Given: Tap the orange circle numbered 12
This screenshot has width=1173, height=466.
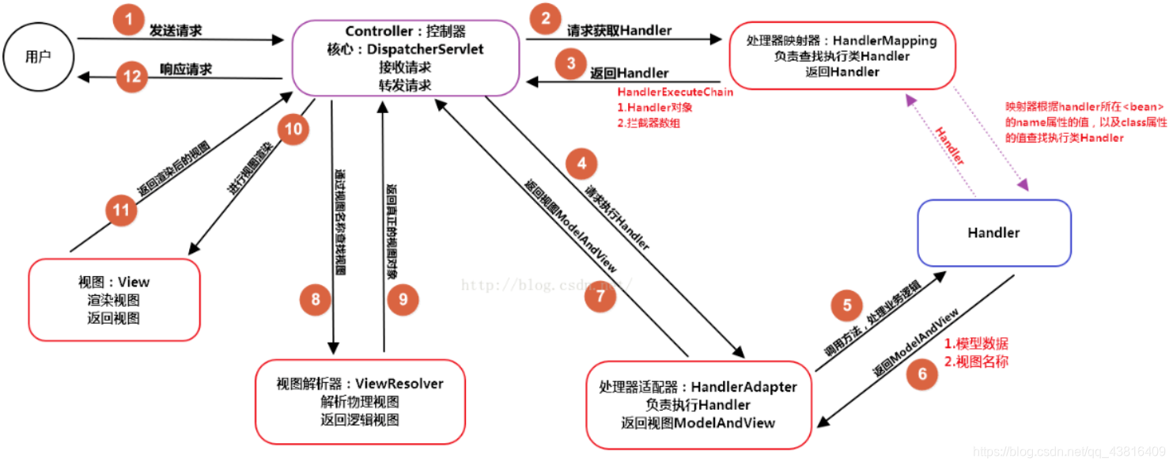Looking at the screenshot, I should pos(133,77).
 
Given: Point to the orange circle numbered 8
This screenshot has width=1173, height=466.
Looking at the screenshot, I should pos(316,299).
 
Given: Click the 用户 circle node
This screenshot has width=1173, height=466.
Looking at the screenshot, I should pos(37,56).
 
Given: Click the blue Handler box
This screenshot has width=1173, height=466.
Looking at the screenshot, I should pos(993,233).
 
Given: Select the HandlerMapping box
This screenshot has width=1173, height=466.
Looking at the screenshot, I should pos(842,55).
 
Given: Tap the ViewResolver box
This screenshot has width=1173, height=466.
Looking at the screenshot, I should pos(360,401).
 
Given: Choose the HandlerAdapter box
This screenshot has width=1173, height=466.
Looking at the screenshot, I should pos(698,404).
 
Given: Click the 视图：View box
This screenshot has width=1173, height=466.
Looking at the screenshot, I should pos(114,300).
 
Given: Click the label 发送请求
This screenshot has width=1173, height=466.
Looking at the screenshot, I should pos(176,31).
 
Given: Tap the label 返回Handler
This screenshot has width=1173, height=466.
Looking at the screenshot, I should pos(630,73).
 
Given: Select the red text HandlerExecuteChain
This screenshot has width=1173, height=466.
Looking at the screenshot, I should pos(675,93).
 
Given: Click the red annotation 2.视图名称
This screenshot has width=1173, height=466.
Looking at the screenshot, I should pos(976,362).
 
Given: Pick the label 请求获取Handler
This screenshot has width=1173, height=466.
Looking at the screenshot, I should pos(619,31).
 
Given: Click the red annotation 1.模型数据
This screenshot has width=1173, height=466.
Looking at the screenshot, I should pos(976,344).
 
